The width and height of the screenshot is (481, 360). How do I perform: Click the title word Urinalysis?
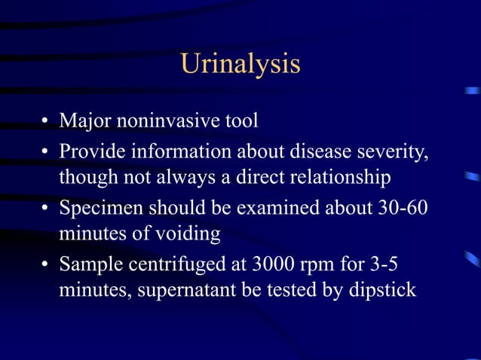(x=240, y=65)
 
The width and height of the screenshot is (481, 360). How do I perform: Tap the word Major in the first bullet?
(x=81, y=121)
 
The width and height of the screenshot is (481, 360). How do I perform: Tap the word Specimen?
(x=96, y=207)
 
